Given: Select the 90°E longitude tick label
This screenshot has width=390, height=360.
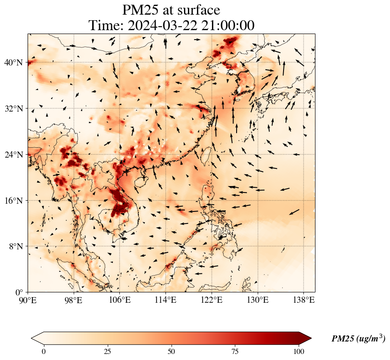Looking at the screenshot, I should [28, 300].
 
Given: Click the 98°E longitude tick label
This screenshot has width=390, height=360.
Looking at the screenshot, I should [74, 300].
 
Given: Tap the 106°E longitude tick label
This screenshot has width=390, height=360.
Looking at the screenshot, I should [120, 300].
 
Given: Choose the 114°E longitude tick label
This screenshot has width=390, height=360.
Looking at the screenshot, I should [166, 300].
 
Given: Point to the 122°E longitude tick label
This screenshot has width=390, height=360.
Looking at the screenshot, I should [212, 300].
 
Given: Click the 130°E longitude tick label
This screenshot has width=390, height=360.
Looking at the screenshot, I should [258, 300].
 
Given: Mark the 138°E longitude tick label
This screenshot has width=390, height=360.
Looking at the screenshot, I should [304, 300].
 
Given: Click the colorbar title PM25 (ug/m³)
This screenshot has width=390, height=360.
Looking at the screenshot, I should [358, 339].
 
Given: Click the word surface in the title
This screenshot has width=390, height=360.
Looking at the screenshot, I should [197, 10].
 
